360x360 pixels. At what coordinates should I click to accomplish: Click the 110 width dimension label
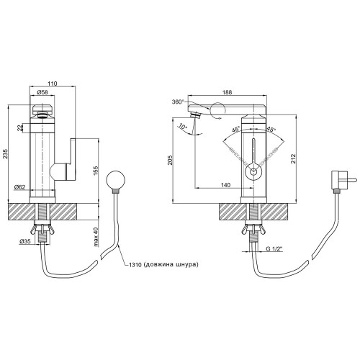click(x=53, y=84)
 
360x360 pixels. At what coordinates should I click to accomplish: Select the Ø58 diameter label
click(x=42, y=92)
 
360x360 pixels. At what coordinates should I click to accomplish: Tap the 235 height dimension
click(x=6, y=154)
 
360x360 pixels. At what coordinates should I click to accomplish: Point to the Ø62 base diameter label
click(x=19, y=187)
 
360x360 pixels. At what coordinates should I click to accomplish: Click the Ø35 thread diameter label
click(x=25, y=242)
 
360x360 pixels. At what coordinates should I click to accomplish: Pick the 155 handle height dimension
click(x=96, y=171)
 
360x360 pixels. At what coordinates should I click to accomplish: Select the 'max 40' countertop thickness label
click(x=96, y=237)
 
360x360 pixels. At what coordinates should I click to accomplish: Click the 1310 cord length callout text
click(x=163, y=264)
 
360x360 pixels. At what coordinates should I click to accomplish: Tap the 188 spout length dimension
click(x=227, y=92)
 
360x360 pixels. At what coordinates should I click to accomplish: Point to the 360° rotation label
click(x=178, y=102)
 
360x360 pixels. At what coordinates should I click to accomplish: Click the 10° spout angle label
click(x=183, y=127)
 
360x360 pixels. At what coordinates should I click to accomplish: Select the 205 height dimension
click(x=171, y=160)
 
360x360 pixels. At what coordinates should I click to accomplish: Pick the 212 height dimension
click(x=293, y=158)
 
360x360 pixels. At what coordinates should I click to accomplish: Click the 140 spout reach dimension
click(x=225, y=185)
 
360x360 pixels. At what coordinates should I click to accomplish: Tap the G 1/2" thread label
click(x=274, y=249)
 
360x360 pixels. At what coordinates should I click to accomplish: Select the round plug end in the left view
click(x=116, y=179)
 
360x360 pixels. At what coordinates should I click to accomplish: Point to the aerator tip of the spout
click(x=196, y=115)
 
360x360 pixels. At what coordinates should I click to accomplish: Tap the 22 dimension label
click(x=20, y=128)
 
